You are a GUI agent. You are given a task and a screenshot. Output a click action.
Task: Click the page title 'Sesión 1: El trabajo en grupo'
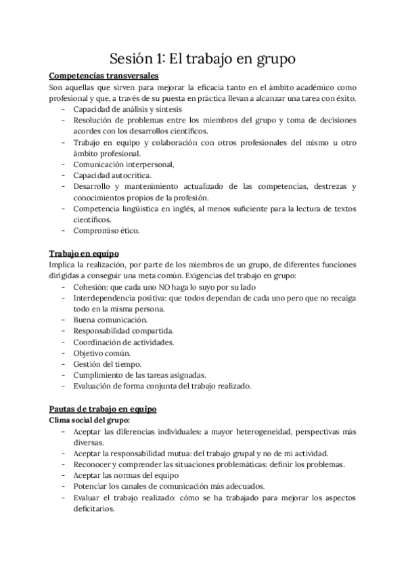[203, 59]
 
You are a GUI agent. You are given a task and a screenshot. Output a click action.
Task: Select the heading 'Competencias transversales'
[104, 76]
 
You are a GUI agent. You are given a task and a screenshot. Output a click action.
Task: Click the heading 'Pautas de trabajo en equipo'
[104, 410]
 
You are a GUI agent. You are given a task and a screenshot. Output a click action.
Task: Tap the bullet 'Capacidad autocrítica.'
[112, 175]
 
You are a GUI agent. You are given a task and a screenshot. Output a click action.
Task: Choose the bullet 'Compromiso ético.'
[106, 231]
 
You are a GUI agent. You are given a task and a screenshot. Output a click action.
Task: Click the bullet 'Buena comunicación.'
[110, 319]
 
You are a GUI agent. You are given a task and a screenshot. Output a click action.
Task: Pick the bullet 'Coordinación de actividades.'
[123, 342]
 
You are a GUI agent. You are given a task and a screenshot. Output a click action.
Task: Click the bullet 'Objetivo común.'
[102, 353]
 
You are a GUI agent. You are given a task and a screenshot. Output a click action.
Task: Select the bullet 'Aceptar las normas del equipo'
[129, 475]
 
